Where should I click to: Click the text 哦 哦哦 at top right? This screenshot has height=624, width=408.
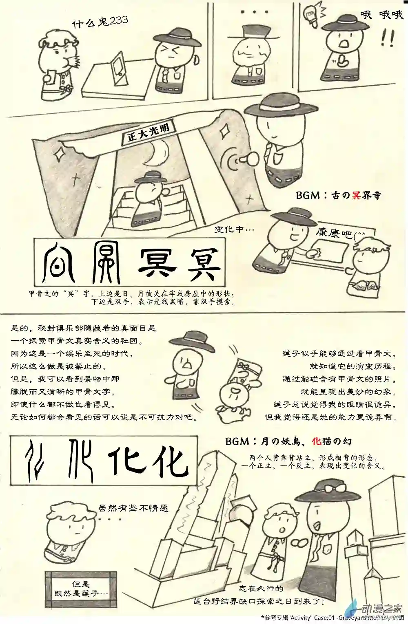click(381, 15)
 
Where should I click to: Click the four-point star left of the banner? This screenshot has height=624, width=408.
click(60, 154)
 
